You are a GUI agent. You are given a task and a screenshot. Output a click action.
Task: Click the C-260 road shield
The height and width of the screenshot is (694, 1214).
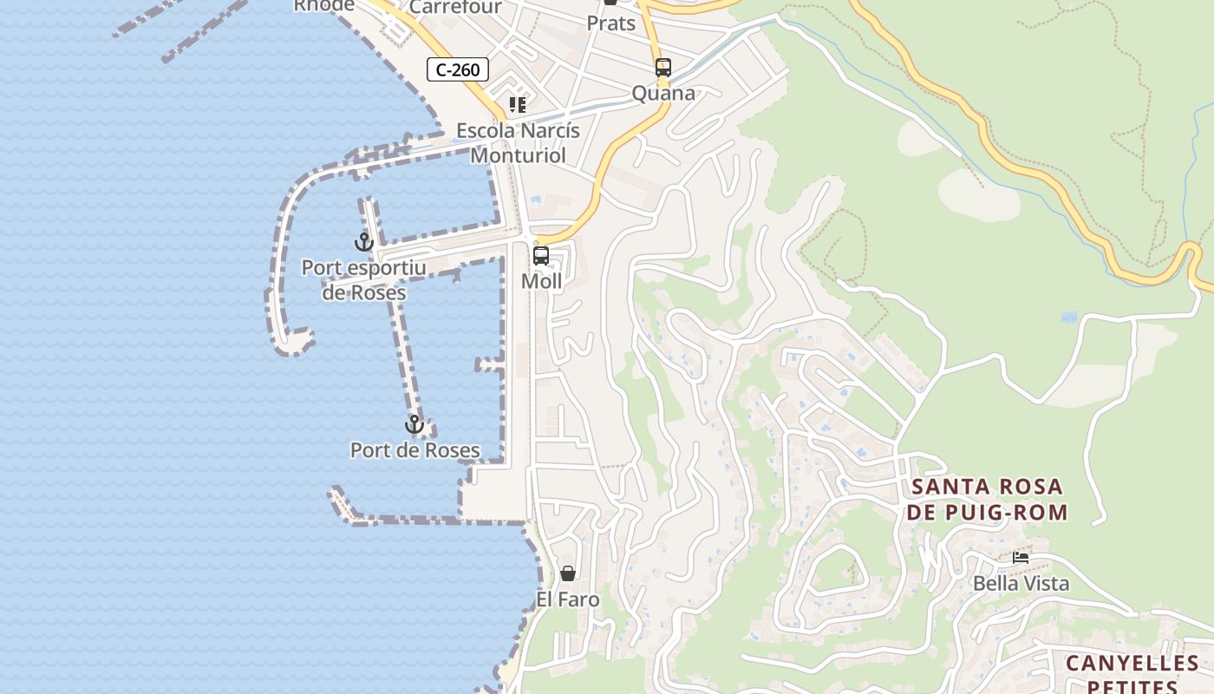[x=458, y=69]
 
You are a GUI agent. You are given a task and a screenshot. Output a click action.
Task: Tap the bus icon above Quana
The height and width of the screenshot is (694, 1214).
[x=663, y=68]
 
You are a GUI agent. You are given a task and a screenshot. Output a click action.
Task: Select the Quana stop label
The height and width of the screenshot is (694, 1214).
[x=663, y=93]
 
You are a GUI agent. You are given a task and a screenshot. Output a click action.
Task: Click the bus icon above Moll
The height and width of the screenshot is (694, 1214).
[x=541, y=256]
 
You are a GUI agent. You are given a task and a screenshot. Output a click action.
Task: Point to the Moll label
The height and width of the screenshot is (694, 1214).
[x=541, y=281]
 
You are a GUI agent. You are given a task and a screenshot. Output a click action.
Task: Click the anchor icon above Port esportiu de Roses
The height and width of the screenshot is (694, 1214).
[x=363, y=242]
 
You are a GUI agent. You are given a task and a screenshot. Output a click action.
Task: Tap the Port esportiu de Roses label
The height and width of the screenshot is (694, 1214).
[x=363, y=279]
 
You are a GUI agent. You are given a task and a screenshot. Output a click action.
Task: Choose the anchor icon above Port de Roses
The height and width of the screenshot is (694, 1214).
[x=414, y=424]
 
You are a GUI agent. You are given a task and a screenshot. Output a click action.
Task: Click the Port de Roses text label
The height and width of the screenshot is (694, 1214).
[x=414, y=450]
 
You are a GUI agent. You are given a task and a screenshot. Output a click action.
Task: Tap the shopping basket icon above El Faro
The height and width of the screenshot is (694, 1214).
[x=568, y=573]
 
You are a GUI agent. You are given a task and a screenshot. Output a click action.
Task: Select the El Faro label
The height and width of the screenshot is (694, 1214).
[x=568, y=599]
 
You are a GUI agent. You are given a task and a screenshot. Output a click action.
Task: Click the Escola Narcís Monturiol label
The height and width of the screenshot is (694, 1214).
[x=518, y=143]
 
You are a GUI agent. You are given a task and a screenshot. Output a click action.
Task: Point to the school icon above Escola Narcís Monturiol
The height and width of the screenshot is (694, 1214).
[x=518, y=106]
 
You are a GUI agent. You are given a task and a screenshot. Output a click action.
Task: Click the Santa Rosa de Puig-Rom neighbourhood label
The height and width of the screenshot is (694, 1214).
[x=989, y=499]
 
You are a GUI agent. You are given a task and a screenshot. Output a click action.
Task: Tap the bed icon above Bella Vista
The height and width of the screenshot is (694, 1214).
[x=1021, y=557]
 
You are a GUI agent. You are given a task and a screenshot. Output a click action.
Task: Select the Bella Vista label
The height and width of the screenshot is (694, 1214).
[x=1021, y=583]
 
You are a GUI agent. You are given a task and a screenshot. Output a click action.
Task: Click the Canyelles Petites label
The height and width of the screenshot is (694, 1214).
[x=1132, y=674]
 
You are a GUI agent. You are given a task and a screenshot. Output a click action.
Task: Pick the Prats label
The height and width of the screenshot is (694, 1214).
[x=611, y=23]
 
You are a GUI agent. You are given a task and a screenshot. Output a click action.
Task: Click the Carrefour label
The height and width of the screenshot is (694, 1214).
[x=455, y=8]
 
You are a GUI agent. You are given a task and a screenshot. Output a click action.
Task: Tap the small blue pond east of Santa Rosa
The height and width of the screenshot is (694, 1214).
[x=1069, y=318]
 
